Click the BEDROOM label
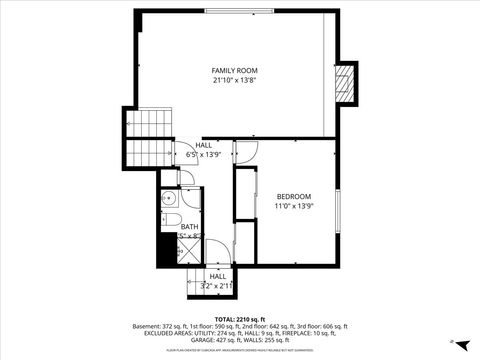click(294, 196)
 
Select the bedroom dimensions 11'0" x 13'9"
click(294, 206)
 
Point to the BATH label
click(189, 227)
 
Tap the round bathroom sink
click(168, 198)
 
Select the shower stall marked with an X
click(187, 252)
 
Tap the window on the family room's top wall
click(240, 11)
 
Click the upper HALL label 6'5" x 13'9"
click(203, 150)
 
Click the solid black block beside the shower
click(165, 250)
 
